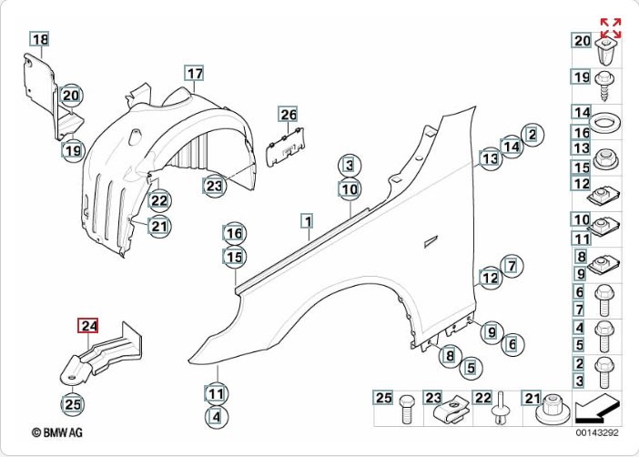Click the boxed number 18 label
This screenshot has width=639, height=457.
point(41,39)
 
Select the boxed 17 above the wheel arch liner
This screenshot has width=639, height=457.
point(194,73)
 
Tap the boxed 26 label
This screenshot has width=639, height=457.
point(288,115)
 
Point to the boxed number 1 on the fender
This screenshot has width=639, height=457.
point(309,221)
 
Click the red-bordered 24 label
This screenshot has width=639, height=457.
point(88,326)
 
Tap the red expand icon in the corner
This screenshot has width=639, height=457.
point(610,28)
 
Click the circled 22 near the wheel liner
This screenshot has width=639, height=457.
point(159,200)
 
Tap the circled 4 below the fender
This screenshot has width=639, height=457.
point(215,418)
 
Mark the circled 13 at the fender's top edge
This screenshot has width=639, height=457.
point(491,159)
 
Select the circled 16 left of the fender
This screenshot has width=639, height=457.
point(235,233)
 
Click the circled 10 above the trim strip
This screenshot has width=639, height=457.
point(349,189)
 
